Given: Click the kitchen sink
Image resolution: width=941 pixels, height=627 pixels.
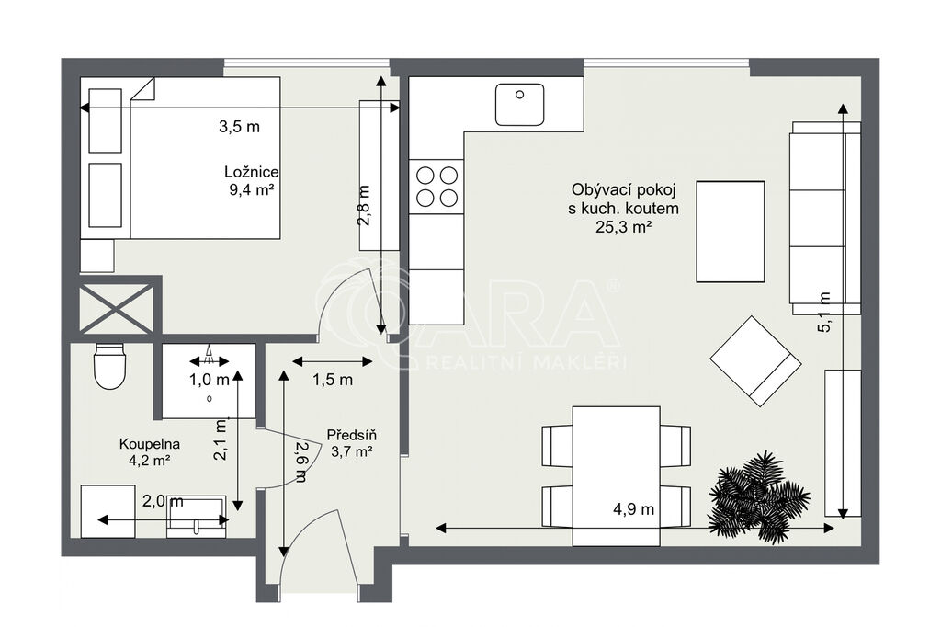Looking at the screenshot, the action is (520, 105).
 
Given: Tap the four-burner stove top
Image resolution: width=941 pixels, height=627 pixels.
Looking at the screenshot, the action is (436, 187).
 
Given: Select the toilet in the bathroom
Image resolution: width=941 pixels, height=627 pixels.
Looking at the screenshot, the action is (109, 366).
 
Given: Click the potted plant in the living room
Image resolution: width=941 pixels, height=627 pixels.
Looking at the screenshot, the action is (758, 497).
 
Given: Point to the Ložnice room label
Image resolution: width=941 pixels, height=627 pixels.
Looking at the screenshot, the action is (252, 172).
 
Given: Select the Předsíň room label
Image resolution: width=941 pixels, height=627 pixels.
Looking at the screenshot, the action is (352, 435).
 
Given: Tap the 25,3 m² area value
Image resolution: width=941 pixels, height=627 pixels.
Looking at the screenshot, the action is (624, 227).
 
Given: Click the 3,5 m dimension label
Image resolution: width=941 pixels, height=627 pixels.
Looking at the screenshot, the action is (240, 127).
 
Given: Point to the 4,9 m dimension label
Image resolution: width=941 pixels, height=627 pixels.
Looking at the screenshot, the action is (633, 509).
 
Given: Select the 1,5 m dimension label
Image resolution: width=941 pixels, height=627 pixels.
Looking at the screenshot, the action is (333, 380).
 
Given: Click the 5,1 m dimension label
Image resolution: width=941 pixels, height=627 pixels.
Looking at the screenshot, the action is (824, 312).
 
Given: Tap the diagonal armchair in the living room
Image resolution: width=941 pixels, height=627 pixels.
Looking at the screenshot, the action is (755, 361).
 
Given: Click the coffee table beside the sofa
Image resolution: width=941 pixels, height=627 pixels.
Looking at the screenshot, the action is (731, 232).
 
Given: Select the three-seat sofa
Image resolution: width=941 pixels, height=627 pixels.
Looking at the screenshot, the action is (825, 218).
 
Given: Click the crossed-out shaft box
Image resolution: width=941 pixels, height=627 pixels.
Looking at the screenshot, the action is (117, 309).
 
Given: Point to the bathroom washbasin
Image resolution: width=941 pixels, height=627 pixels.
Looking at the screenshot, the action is (197, 517).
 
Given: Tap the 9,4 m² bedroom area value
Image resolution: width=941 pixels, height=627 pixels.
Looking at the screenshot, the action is (252, 190).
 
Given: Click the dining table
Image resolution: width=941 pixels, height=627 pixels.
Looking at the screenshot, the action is (617, 475).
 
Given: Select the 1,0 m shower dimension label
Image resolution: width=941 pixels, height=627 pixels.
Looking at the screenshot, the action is (210, 380).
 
